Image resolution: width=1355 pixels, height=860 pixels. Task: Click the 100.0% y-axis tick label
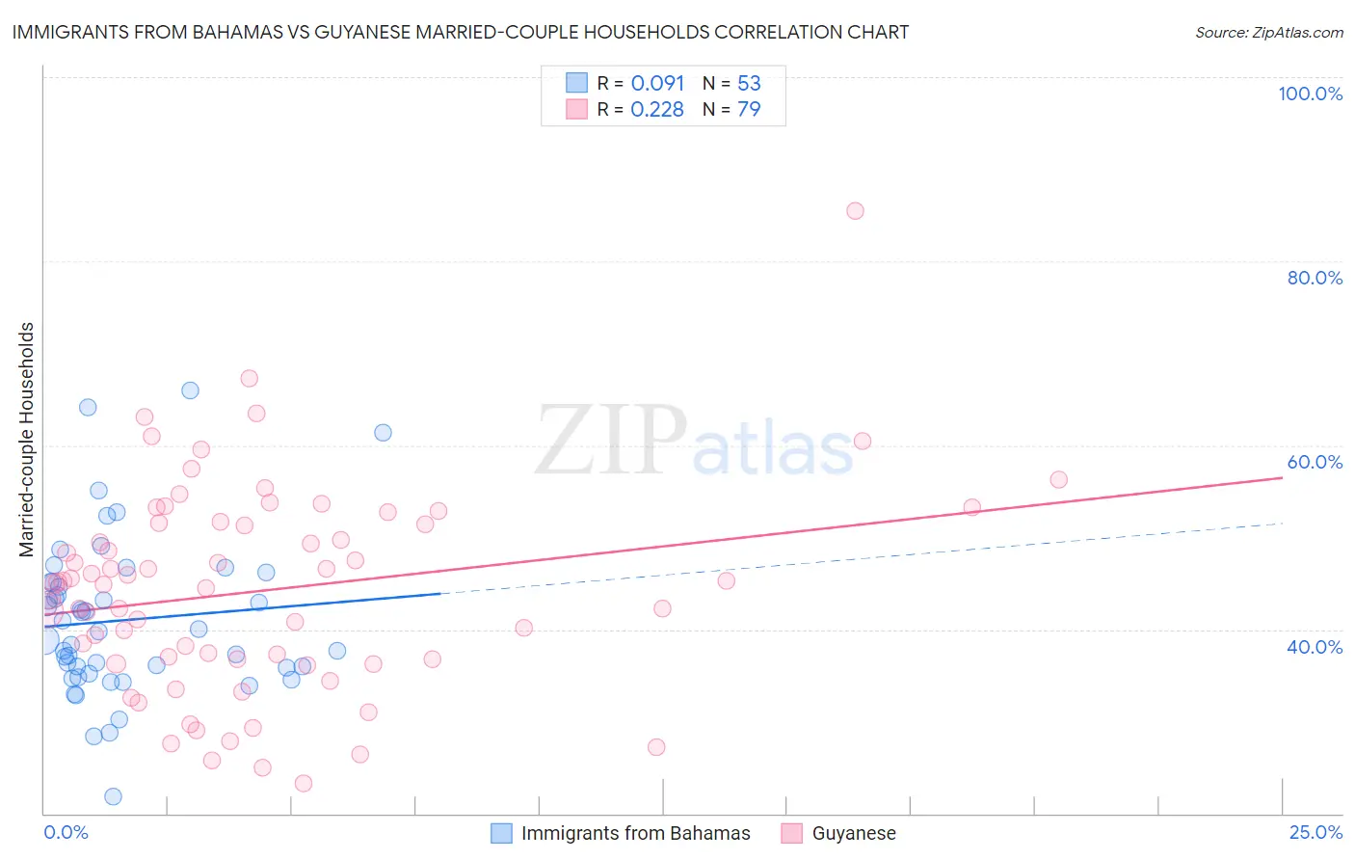(x=1310, y=94)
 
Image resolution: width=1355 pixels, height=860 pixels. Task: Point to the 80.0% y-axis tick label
(x=1315, y=278)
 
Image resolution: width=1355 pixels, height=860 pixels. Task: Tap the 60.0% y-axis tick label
(x=1315, y=462)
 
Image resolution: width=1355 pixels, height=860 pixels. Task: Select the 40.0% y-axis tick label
(x=1315, y=647)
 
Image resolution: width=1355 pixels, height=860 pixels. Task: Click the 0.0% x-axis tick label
(x=66, y=832)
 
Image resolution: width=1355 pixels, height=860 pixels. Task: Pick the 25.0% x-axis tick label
(x=1315, y=832)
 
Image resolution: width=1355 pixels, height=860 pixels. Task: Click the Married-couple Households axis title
(x=27, y=440)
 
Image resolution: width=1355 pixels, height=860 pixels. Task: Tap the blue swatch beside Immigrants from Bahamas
(x=501, y=833)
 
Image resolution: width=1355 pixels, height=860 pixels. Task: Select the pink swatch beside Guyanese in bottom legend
(x=792, y=833)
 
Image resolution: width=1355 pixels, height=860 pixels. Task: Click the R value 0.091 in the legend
(x=657, y=83)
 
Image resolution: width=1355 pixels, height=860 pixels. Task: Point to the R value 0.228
(x=657, y=109)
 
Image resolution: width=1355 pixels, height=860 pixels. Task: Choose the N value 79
(x=749, y=109)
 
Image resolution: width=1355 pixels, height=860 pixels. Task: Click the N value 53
(x=749, y=83)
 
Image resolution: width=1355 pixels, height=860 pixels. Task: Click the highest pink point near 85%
(x=855, y=211)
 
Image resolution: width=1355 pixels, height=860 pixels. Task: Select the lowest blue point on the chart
(x=113, y=796)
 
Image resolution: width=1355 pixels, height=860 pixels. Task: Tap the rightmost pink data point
(x=1058, y=479)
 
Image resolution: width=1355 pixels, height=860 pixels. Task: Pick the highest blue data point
(x=190, y=390)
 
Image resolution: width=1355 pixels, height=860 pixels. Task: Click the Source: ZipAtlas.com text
(x=1268, y=33)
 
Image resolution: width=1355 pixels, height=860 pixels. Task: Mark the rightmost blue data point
(x=383, y=433)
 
